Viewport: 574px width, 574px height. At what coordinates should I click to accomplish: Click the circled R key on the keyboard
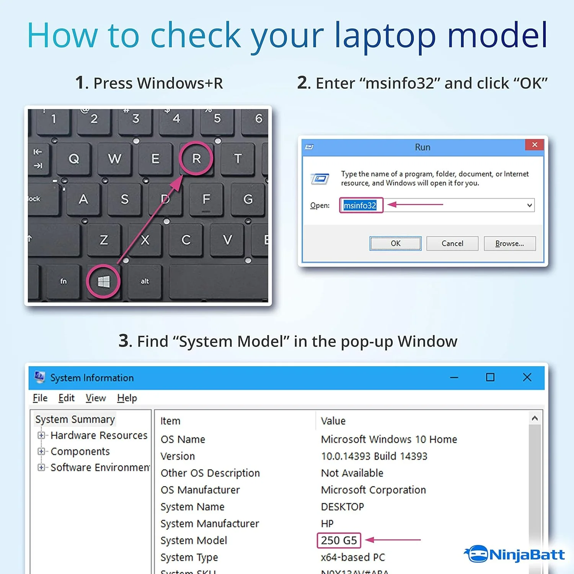pyautogui.click(x=196, y=158)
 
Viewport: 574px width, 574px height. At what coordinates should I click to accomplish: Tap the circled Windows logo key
pyautogui.click(x=104, y=282)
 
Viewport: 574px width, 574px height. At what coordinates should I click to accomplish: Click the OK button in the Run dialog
pyautogui.click(x=395, y=243)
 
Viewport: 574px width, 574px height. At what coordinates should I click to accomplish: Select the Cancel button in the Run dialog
pyautogui.click(x=452, y=243)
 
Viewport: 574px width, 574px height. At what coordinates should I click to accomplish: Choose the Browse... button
pyautogui.click(x=509, y=243)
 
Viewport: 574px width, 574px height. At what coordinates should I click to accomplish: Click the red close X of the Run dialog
pyautogui.click(x=535, y=145)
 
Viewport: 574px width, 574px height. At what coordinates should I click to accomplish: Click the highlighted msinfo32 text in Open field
pyautogui.click(x=360, y=205)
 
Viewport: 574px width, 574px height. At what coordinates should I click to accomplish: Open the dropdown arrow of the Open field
pyautogui.click(x=529, y=205)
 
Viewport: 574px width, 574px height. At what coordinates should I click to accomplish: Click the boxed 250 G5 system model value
pyautogui.click(x=339, y=540)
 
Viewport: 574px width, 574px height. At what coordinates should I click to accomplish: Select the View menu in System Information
pyautogui.click(x=95, y=398)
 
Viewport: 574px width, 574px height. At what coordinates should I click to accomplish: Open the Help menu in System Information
pyautogui.click(x=127, y=398)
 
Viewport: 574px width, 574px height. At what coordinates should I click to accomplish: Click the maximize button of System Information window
pyautogui.click(x=490, y=377)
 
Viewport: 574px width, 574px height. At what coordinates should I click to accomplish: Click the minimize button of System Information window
pyautogui.click(x=454, y=377)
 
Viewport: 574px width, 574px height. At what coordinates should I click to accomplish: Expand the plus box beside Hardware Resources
pyautogui.click(x=41, y=435)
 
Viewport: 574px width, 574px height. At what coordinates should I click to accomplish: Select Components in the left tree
pyautogui.click(x=80, y=452)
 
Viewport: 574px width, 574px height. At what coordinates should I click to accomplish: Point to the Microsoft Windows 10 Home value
pyautogui.click(x=389, y=439)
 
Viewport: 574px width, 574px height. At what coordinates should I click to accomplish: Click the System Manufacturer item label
pyautogui.click(x=210, y=523)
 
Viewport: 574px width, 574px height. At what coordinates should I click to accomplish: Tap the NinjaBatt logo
pyautogui.click(x=515, y=554)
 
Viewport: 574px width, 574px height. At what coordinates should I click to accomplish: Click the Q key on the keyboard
pyautogui.click(x=74, y=158)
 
